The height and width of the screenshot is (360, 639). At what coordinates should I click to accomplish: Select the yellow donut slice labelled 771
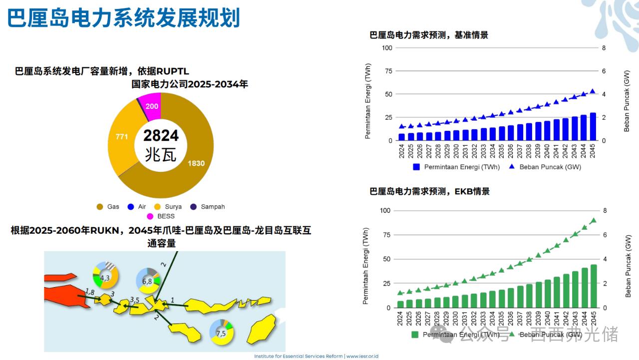coord(122,136)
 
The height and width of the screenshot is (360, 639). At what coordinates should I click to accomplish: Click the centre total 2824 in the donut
coord(161,135)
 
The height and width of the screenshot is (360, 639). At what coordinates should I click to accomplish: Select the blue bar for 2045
coord(593,127)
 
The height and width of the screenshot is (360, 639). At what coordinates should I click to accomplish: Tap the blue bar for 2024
coord(401,137)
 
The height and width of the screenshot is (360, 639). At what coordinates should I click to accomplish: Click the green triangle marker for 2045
coord(594,220)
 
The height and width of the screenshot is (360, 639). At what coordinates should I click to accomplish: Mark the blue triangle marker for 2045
coord(593,91)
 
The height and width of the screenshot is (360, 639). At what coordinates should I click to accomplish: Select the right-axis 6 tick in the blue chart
coord(604,71)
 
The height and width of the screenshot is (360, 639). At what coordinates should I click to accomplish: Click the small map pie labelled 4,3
coord(105,278)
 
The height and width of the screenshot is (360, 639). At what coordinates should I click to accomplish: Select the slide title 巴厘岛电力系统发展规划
coord(124,18)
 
